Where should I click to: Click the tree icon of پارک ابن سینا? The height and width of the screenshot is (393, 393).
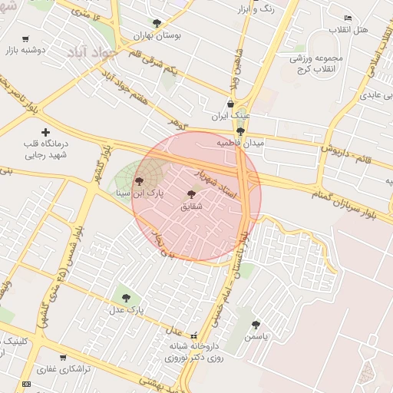pyautogui.click(x=139, y=182)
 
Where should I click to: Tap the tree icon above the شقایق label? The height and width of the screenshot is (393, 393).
pyautogui.click(x=191, y=195)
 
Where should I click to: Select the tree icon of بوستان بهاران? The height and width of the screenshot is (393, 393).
pyautogui.click(x=157, y=23)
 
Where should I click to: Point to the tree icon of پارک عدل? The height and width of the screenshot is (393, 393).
pyautogui.click(x=126, y=297)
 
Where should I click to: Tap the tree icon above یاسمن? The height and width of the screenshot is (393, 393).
pyautogui.click(x=256, y=325)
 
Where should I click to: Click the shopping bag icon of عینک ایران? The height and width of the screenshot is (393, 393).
pyautogui.click(x=231, y=104)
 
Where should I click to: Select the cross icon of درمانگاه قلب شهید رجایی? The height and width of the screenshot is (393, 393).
pyautogui.click(x=46, y=132)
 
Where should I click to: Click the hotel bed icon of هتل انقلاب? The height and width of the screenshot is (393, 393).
pyautogui.click(x=348, y=18)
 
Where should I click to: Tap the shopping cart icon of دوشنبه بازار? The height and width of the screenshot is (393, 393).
pyautogui.click(x=25, y=38)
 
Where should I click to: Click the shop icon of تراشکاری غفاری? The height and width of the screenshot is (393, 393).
pyautogui.click(x=63, y=358)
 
